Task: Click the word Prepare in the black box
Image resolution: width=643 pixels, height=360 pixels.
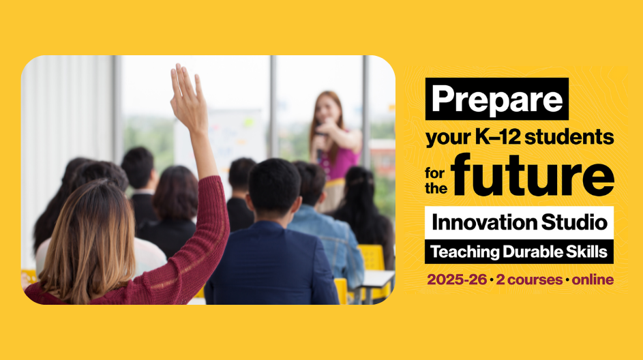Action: point(497,100)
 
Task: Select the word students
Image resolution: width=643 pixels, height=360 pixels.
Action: point(569,137)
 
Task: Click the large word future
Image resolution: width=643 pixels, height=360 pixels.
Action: point(532,175)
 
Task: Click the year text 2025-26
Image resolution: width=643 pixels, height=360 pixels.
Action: point(457,280)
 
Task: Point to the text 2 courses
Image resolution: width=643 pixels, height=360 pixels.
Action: point(529,280)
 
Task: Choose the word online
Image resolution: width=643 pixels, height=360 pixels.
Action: point(593,280)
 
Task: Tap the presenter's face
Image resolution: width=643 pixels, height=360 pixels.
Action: point(328,108)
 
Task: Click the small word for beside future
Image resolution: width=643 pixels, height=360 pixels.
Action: point(434,173)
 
